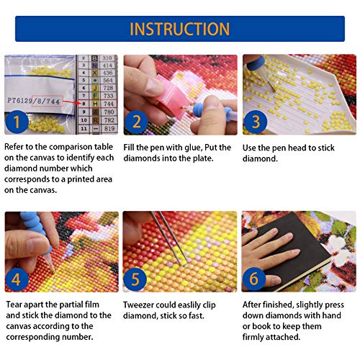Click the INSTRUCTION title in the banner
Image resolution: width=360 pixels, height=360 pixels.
coord(179,29)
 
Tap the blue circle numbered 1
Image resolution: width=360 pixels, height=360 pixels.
coord(17,122)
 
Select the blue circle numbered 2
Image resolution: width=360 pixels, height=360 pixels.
coord(136,122)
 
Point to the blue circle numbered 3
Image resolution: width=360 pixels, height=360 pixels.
coord(256,122)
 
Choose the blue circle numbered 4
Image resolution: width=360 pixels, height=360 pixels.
coord(17,279)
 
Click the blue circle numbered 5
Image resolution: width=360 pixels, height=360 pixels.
coord(135,279)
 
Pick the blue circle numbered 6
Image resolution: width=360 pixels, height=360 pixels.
coord(254,279)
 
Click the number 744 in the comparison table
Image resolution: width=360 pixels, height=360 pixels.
coord(109,104)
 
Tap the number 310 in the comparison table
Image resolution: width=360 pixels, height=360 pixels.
coord(107,58)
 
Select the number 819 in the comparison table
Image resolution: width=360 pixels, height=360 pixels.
coord(109,129)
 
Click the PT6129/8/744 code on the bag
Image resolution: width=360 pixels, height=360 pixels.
coord(34,101)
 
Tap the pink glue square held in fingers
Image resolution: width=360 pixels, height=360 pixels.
coord(169,95)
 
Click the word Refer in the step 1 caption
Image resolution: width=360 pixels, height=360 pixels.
coord(14,147)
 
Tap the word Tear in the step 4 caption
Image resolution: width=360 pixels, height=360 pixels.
coord(14,305)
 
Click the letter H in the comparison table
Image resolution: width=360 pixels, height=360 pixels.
coord(95,104)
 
